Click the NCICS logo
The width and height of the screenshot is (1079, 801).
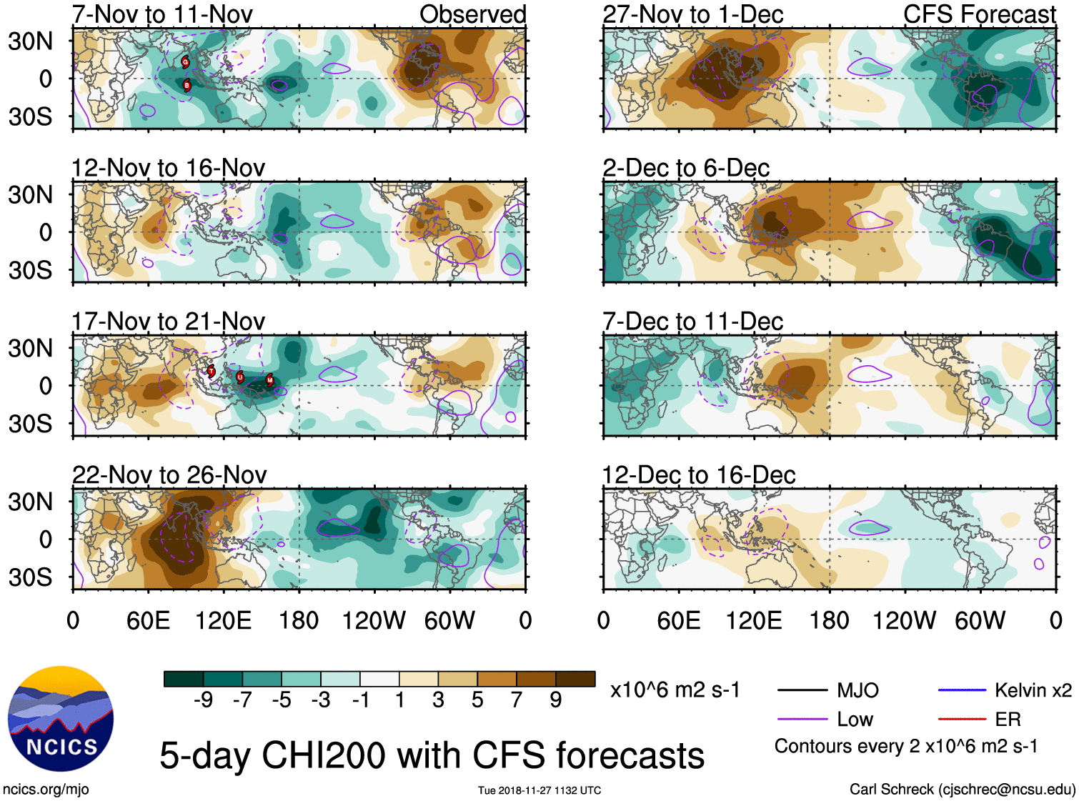coord(61,719)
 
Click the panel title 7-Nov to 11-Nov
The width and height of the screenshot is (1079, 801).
coord(162,14)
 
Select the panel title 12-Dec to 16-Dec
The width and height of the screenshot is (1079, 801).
coord(698,475)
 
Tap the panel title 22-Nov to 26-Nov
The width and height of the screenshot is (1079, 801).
coord(169,475)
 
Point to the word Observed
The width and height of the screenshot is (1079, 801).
coord(472,14)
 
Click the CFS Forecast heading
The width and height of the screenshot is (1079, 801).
coord(979,14)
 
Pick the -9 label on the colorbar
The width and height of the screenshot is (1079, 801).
coord(203,700)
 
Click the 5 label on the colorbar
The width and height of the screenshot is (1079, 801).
coord(477,700)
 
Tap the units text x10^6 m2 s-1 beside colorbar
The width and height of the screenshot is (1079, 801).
coord(675,690)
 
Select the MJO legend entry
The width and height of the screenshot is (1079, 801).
coord(857,690)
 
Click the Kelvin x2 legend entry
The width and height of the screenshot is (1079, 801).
coord(1033,690)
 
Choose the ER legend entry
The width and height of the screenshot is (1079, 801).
coord(1008,720)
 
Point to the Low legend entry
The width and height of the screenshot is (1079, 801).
coord(855,720)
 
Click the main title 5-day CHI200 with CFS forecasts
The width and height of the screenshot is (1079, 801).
coord(432,756)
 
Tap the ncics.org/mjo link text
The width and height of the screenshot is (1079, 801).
coord(46,790)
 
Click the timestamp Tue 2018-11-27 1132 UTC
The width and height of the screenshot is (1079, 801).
coord(539,790)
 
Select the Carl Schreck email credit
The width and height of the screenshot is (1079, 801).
coord(962,790)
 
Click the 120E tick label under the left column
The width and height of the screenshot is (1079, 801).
coord(223,621)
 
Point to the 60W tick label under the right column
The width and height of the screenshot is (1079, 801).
coord(980,621)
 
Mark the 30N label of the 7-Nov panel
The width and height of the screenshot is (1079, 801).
coord(31,41)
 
